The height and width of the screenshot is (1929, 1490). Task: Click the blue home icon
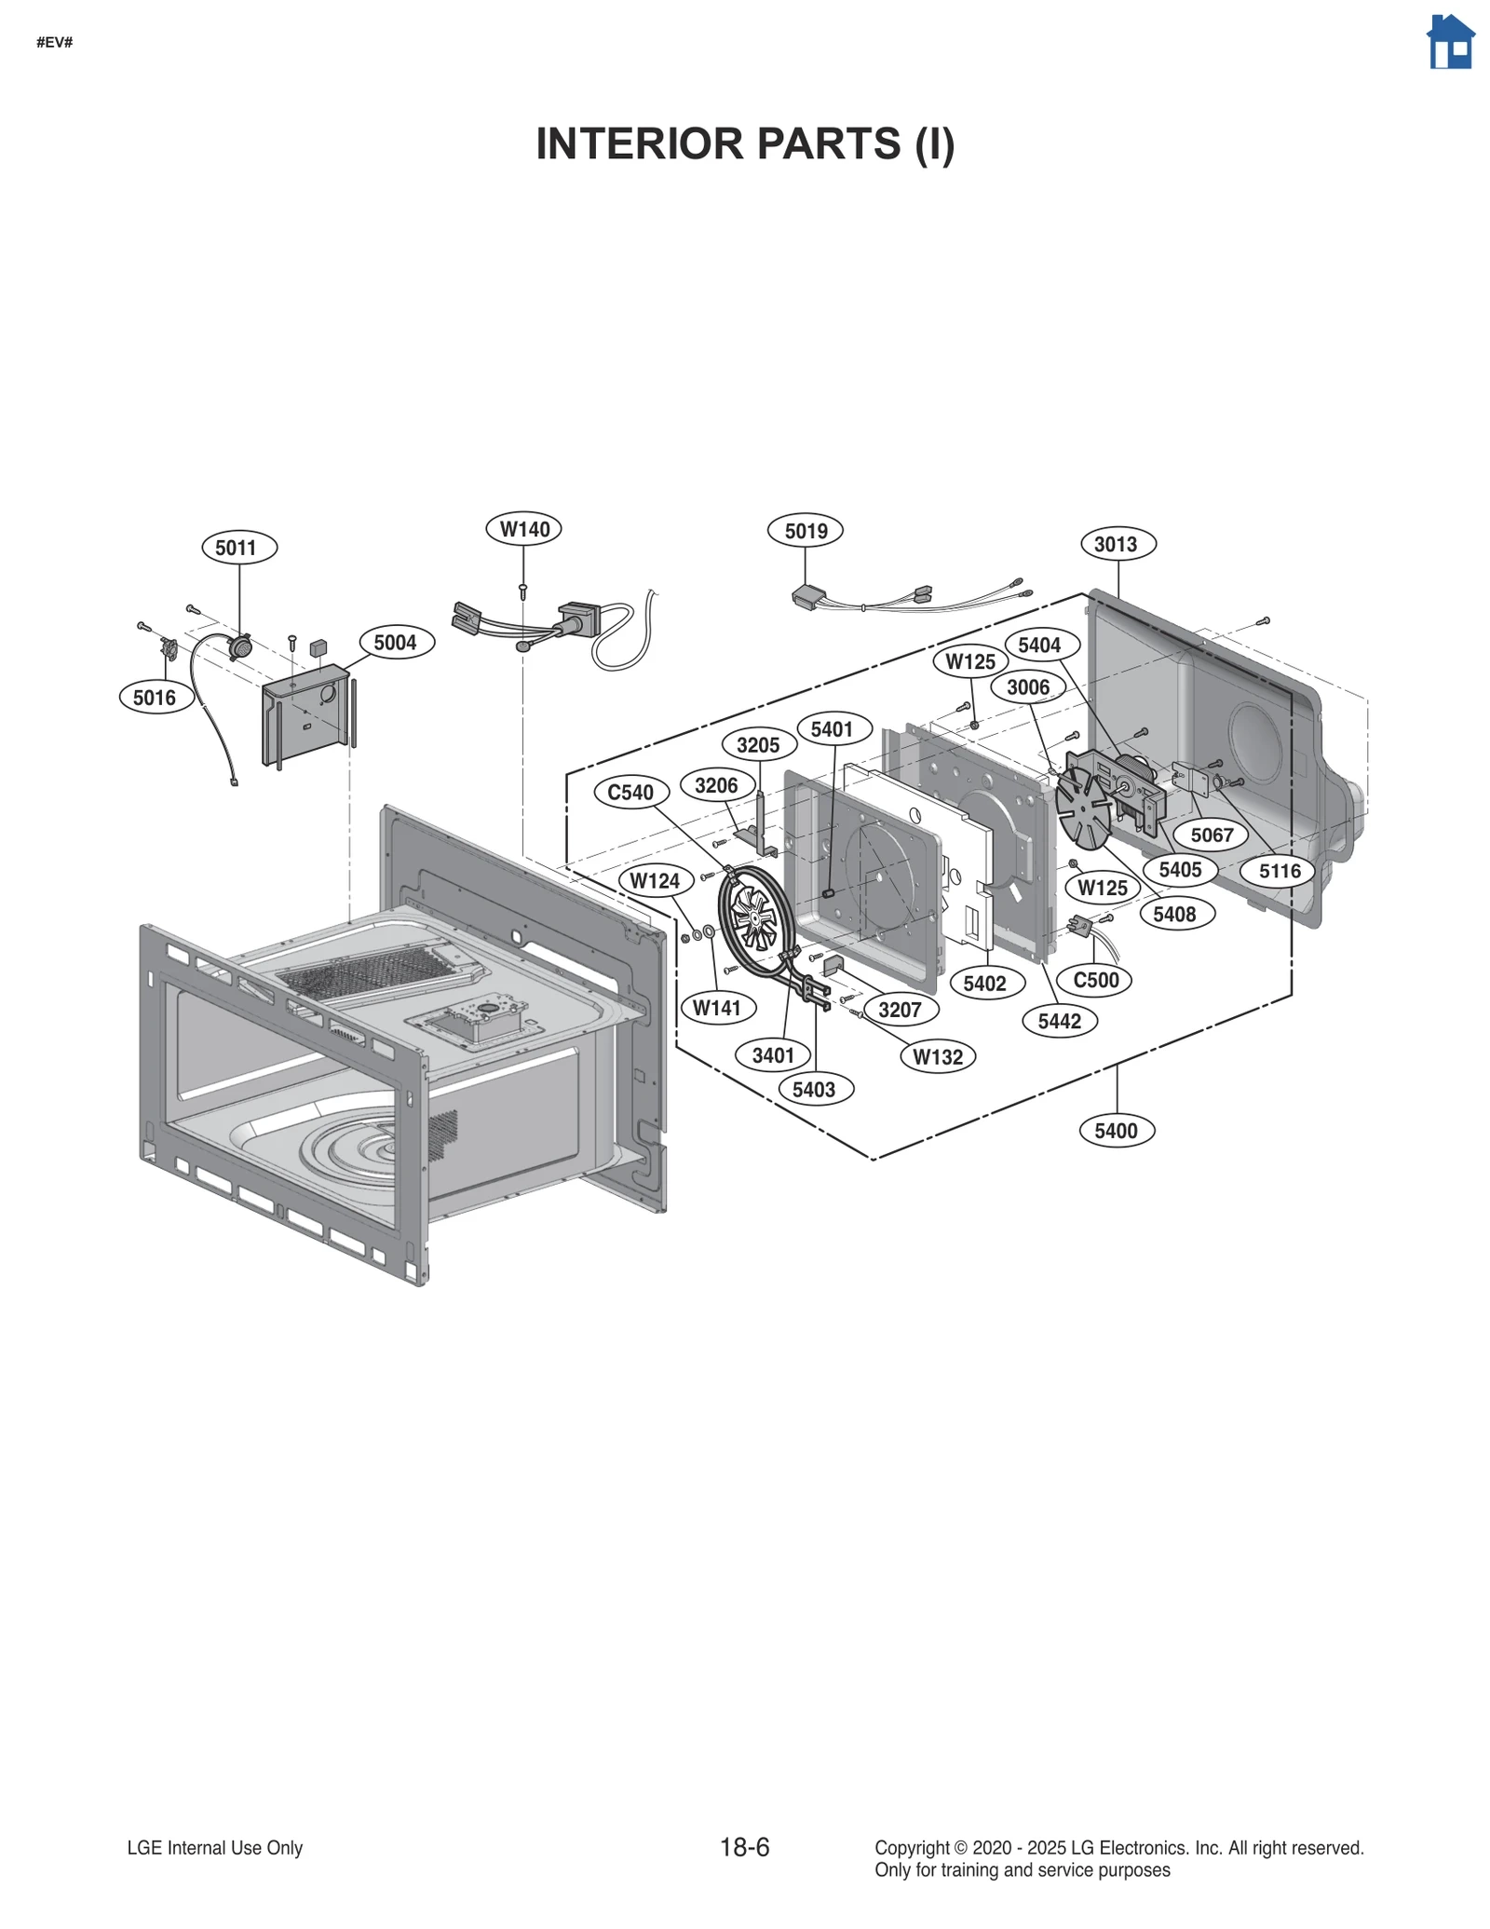(x=1450, y=43)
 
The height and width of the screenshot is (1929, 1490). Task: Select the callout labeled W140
(x=523, y=529)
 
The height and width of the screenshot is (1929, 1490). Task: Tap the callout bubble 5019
(x=805, y=531)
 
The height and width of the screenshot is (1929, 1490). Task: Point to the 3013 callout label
(x=1117, y=544)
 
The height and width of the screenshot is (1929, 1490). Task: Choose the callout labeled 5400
(x=1116, y=1131)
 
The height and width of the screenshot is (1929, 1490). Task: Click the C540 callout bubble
(x=630, y=793)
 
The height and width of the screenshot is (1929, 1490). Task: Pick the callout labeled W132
(x=938, y=1057)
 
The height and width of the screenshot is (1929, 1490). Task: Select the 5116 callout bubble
(x=1279, y=872)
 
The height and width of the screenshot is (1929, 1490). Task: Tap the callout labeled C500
(x=1095, y=980)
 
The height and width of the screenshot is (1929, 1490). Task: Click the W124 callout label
(x=655, y=881)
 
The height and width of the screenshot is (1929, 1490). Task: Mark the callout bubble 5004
(x=396, y=643)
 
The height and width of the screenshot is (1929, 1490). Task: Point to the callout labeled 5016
(x=156, y=698)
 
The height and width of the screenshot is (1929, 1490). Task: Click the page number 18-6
(x=744, y=1848)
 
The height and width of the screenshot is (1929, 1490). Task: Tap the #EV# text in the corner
(x=55, y=43)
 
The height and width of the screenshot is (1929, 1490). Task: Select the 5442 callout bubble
(x=1059, y=1022)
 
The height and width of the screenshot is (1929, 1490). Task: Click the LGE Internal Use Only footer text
(x=215, y=1848)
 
